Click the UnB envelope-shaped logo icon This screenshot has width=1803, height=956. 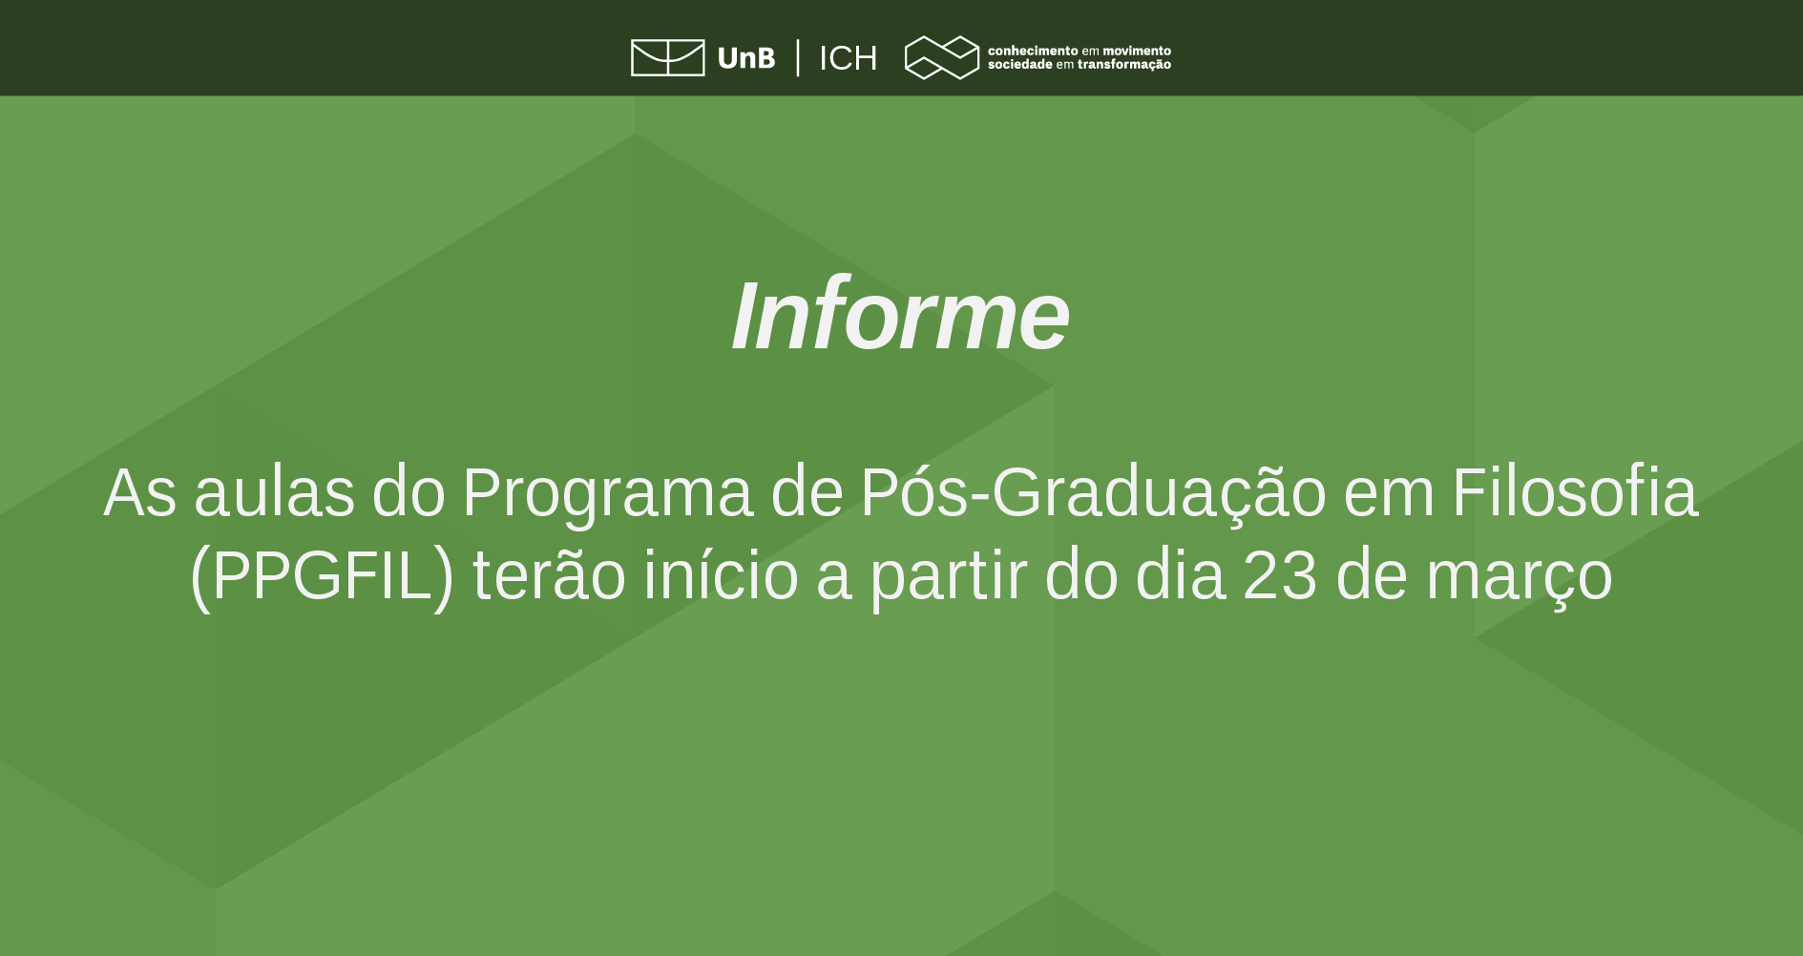667,57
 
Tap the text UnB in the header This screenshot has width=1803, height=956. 745,58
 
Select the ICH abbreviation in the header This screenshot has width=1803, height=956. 848,58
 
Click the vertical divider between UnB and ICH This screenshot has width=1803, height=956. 798,57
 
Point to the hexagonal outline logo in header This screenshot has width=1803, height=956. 941,57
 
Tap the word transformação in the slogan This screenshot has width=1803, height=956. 1123,65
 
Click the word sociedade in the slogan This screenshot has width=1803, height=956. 1019,65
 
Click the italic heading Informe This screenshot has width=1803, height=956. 900,316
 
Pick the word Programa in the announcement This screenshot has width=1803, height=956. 607,493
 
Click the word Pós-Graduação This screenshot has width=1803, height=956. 1093,493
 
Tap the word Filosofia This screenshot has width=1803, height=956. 1575,493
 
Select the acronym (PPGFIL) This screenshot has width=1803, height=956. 322,576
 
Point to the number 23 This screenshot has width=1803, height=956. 1280,576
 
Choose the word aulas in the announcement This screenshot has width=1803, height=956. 274,493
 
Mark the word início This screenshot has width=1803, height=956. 721,576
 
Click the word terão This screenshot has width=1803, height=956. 549,576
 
